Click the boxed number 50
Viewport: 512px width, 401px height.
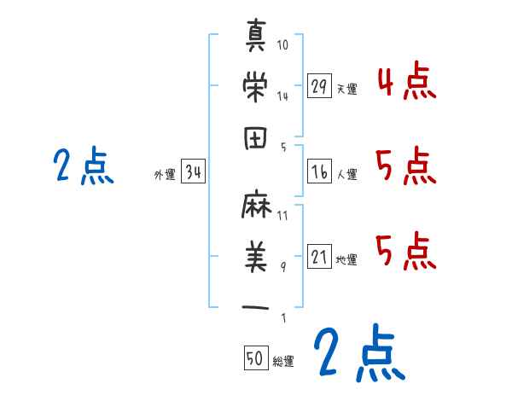(255, 358)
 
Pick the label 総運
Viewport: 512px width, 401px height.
(283, 361)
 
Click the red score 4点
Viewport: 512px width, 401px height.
(407, 83)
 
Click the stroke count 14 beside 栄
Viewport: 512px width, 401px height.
(282, 96)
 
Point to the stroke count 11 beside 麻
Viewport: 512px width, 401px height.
(282, 216)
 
